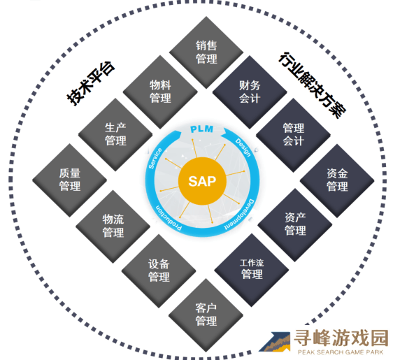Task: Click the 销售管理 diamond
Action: (x=206, y=52)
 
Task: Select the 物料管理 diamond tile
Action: (x=160, y=92)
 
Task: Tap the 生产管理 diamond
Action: (x=115, y=134)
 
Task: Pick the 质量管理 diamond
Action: (x=69, y=180)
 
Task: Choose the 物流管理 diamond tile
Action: (x=113, y=226)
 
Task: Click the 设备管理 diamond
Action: (x=159, y=271)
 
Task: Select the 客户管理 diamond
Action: (x=206, y=315)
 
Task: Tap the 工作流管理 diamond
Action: (x=252, y=270)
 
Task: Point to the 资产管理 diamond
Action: (x=295, y=225)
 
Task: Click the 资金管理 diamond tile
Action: (x=337, y=180)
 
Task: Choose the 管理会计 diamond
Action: (x=293, y=135)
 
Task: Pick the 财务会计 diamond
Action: (x=250, y=92)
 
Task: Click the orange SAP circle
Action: (x=202, y=181)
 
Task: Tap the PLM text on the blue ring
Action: (x=202, y=129)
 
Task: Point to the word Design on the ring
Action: (x=243, y=147)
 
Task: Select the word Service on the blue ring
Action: (x=155, y=158)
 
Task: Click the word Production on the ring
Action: (x=169, y=219)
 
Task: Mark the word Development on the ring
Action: (x=239, y=215)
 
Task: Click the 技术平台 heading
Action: (x=91, y=83)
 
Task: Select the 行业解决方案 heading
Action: (x=313, y=85)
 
